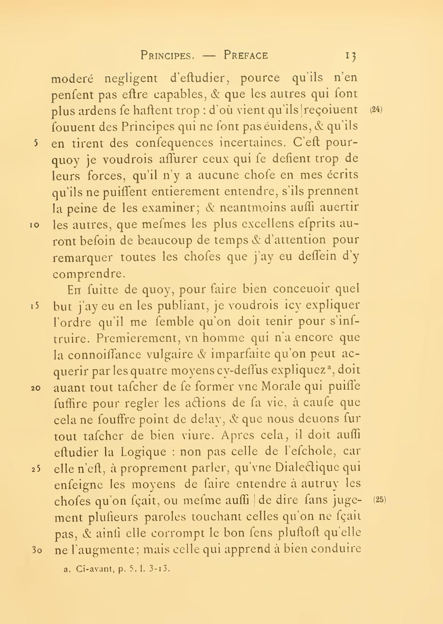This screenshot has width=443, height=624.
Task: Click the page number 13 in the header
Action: pos(350,56)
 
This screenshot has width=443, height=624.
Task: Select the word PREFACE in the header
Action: pos(246,55)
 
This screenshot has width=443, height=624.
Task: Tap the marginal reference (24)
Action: pos(376,110)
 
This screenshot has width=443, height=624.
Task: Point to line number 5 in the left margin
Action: pos(36,142)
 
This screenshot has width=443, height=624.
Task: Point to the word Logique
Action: pos(143,452)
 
